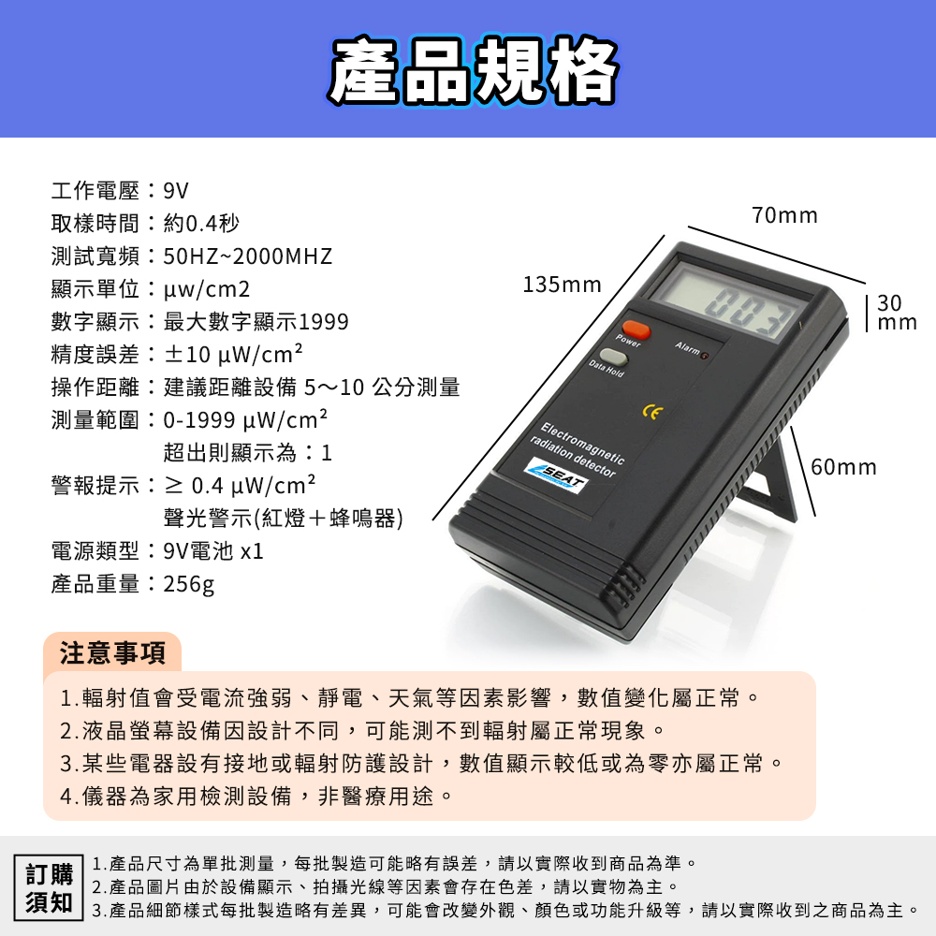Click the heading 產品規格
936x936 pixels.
[x=473, y=70]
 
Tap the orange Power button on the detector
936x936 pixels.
[x=636, y=329]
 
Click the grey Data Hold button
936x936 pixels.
[x=614, y=357]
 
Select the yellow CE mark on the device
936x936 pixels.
[x=652, y=412]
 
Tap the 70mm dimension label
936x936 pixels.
[x=784, y=215]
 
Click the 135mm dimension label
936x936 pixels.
[x=562, y=285]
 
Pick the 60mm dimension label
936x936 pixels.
[x=843, y=467]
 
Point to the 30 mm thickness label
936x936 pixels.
[x=897, y=313]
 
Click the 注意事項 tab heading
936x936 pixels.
[x=112, y=652]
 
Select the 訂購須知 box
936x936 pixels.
[x=49, y=887]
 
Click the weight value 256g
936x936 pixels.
[x=189, y=584]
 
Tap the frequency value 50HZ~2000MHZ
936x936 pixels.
[x=248, y=256]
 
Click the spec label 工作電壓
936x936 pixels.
[x=95, y=191]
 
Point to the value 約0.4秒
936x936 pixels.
[x=201, y=224]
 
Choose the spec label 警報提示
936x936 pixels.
[x=95, y=486]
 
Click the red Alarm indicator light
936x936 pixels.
[x=705, y=357]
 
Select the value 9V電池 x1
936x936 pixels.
[x=213, y=551]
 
